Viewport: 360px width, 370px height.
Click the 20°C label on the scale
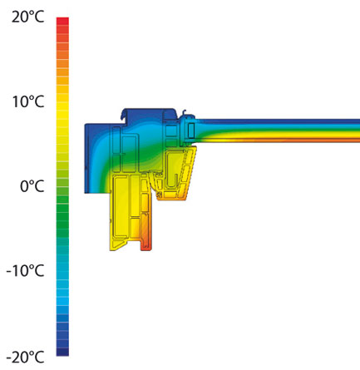tap(28, 17)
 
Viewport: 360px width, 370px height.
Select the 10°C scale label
tap(28, 101)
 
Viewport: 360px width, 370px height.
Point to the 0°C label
tap(32, 186)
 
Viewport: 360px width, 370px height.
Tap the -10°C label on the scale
tap(25, 270)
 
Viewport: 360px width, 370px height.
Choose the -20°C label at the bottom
tap(25, 358)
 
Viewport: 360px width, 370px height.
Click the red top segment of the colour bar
tap(62, 22)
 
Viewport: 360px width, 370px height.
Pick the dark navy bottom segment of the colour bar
tap(62, 352)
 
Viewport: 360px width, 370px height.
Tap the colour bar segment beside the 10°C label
tap(62, 101)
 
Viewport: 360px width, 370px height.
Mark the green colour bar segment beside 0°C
tap(62, 186)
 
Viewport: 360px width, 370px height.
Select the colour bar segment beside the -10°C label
tap(62, 271)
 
